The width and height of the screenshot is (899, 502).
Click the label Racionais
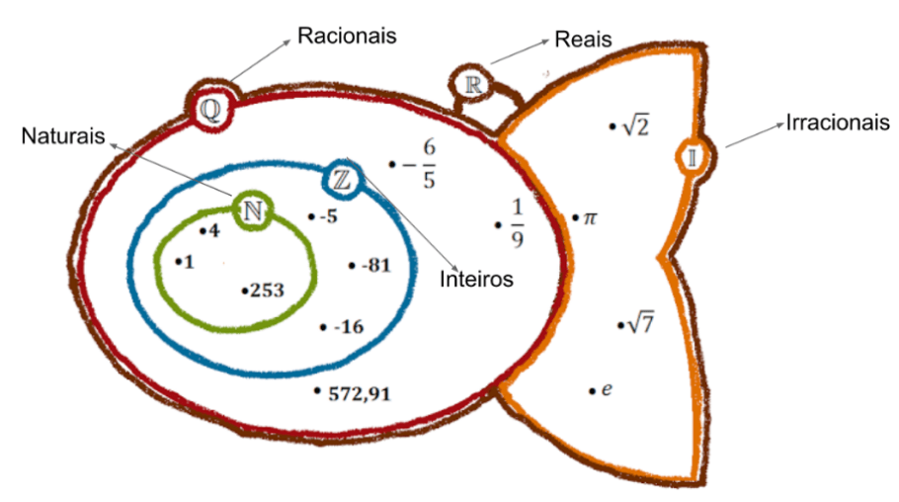click(347, 36)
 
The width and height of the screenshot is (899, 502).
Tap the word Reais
click(584, 40)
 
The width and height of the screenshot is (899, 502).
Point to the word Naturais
click(63, 136)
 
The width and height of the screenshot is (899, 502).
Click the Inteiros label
click(476, 280)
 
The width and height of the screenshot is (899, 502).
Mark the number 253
click(267, 291)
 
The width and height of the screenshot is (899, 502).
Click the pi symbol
click(591, 217)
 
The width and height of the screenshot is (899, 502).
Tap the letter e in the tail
click(607, 390)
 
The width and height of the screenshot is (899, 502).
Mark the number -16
click(350, 327)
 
